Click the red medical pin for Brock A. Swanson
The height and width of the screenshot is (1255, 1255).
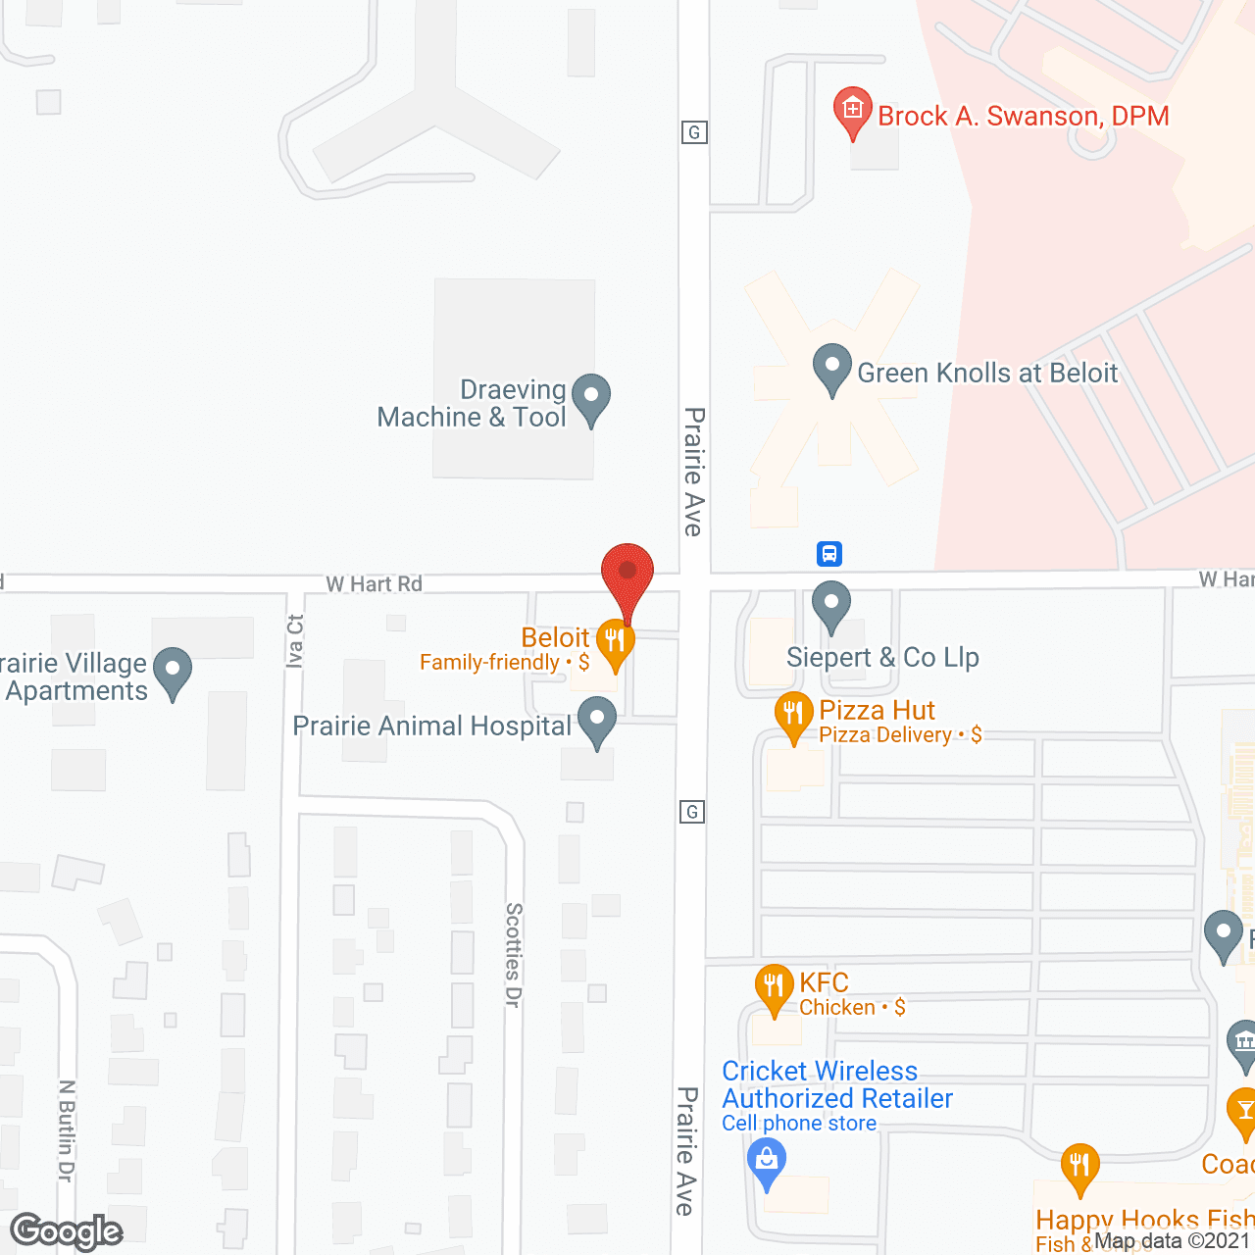tap(852, 110)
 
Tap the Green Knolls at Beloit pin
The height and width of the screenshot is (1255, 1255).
tap(831, 368)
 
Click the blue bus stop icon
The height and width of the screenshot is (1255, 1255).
tap(829, 554)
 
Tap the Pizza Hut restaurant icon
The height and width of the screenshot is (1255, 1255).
tap(793, 715)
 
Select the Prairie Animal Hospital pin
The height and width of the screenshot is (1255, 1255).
tap(596, 722)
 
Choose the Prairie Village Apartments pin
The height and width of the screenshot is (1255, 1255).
tap(173, 672)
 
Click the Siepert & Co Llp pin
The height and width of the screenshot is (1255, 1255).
tap(831, 604)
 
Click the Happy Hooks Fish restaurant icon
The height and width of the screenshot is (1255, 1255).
tap(1079, 1167)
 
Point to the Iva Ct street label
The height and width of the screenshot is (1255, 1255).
tap(295, 641)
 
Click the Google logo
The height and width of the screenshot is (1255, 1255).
tap(67, 1231)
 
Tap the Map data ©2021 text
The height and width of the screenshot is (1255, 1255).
tap(1173, 1241)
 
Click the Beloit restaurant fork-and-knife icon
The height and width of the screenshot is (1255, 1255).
tap(615, 642)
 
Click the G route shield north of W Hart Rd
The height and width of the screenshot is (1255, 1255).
tap(694, 132)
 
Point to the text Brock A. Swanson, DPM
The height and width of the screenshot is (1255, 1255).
tap(1023, 116)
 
